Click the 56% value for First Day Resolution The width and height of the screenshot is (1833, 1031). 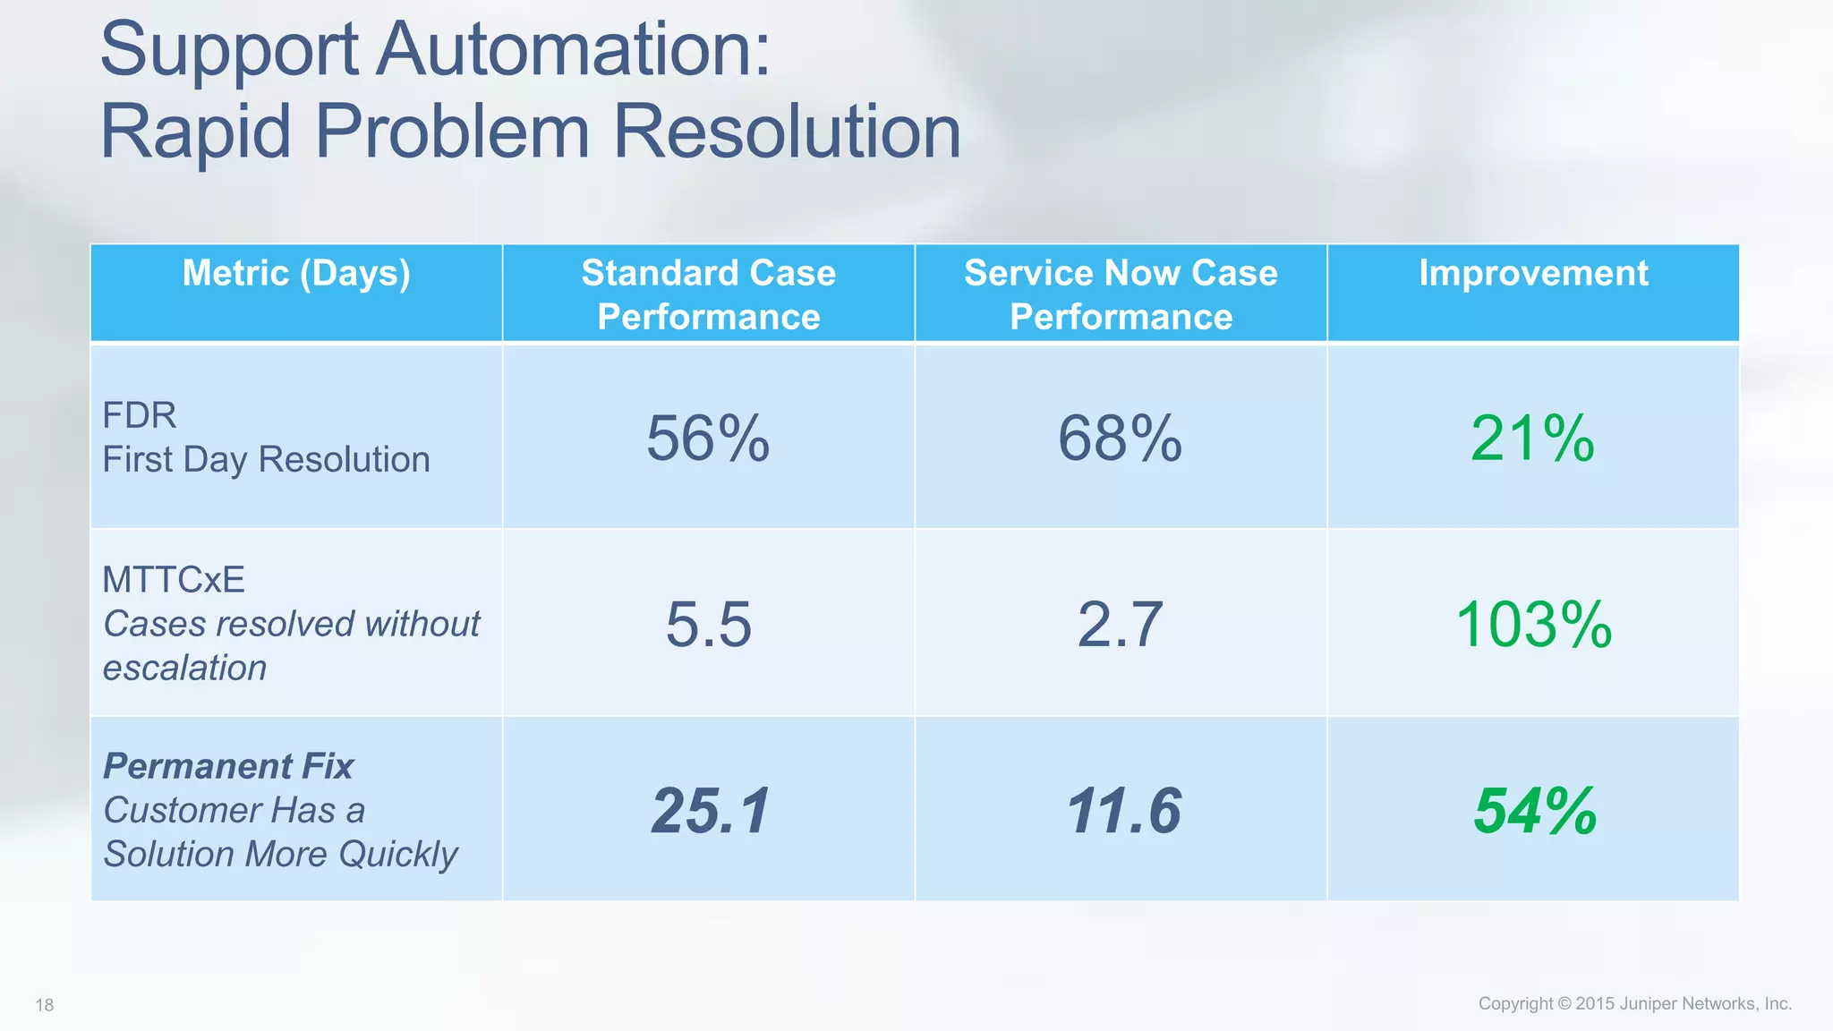coord(708,439)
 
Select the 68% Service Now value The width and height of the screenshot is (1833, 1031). coord(1120,439)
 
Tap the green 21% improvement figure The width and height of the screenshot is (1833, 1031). coord(1532,439)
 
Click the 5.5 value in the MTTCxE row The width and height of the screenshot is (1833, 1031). coord(708,624)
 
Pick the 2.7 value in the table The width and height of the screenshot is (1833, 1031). coord(1120,624)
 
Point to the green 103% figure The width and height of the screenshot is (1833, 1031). coord(1533,624)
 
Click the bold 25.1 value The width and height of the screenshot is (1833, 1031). coord(711,811)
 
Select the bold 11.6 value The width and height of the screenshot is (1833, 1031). coord(1123,811)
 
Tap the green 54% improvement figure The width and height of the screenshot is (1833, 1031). coord(1535,811)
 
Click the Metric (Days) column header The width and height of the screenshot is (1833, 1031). coord(296,273)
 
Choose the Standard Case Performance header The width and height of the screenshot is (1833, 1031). coord(708,294)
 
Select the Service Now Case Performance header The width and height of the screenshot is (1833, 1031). coord(1121,294)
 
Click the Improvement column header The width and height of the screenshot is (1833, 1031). coord(1533,273)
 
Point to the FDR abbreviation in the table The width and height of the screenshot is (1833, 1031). coord(140,415)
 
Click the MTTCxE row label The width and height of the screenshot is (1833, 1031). coord(174,580)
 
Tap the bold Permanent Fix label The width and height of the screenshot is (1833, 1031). coord(228,766)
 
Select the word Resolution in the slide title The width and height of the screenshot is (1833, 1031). coord(787,132)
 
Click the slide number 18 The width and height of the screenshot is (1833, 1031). coord(45,1005)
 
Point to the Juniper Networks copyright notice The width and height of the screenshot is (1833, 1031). coord(1634,1003)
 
